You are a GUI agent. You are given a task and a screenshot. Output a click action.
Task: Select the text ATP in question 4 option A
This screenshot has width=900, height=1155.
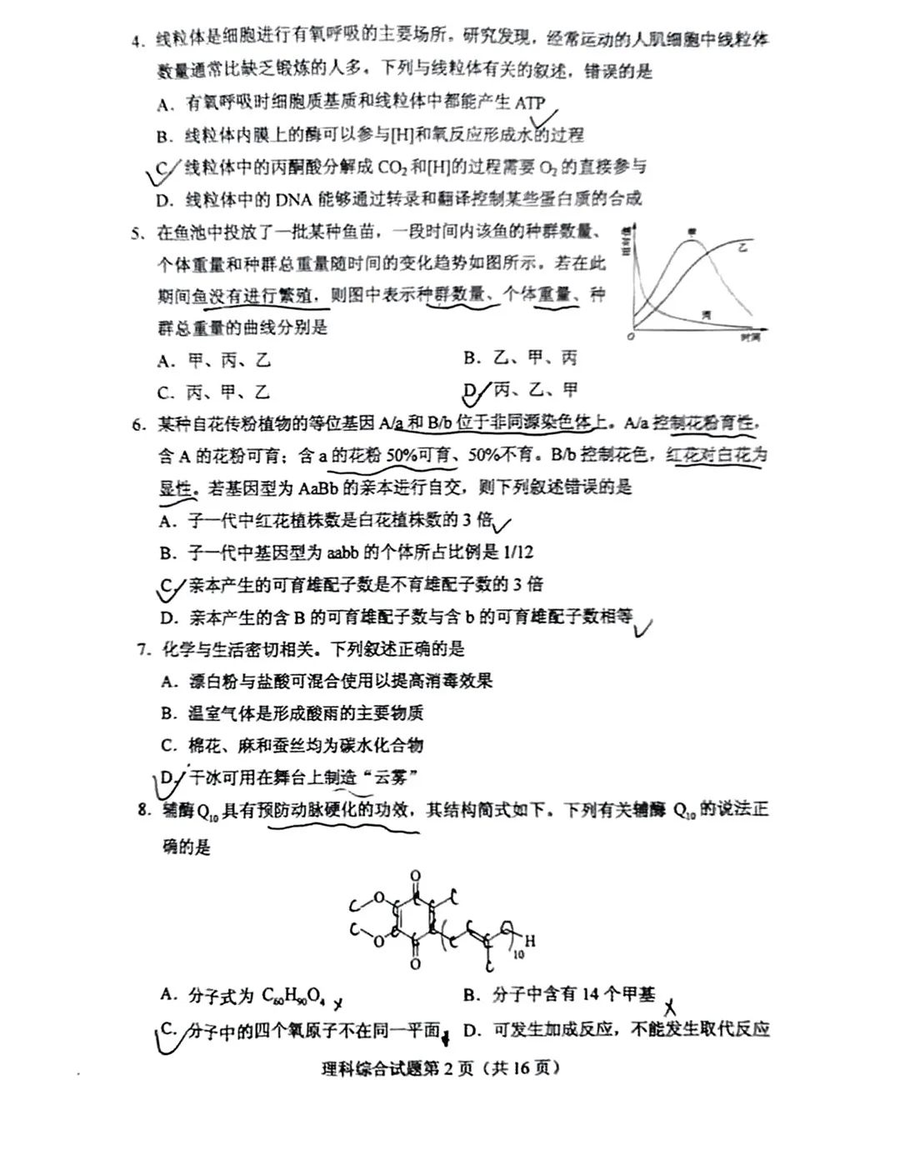(529, 103)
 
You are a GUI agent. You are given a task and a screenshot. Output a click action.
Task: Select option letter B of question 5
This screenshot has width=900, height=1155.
(472, 358)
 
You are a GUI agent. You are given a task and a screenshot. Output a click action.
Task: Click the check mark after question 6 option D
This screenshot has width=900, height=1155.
(642, 626)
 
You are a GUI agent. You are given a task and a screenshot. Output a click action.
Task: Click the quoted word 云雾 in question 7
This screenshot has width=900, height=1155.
(392, 777)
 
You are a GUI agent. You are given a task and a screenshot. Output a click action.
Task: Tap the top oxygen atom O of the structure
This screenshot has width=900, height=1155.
(416, 877)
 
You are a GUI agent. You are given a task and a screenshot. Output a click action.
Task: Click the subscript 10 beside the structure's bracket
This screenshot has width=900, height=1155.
(518, 953)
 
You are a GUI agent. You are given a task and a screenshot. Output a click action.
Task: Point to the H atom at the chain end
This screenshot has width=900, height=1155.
(530, 942)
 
